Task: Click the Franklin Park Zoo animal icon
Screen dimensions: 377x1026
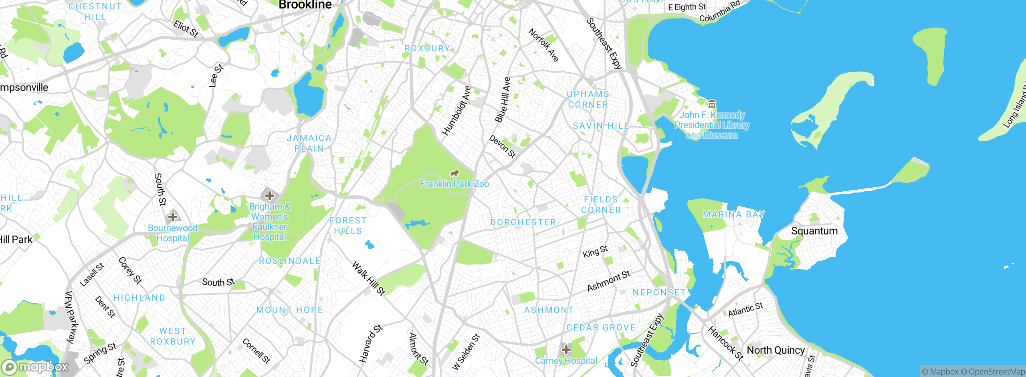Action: [454, 173]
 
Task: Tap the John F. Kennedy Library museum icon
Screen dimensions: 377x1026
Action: [712, 104]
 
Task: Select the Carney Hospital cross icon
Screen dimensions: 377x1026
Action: [566, 350]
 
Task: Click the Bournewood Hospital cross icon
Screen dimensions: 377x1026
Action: [173, 217]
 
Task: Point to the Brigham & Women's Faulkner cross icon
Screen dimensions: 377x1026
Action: [270, 196]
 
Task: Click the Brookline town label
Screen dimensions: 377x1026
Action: [305, 5]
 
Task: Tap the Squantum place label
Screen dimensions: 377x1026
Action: [814, 231]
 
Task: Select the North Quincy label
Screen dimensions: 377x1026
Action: [776, 350]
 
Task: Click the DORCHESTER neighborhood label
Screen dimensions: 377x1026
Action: [523, 222]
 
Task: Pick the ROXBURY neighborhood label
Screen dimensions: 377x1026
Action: [427, 49]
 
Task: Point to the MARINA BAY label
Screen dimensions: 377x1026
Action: [733, 215]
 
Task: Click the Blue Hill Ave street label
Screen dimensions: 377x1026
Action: [503, 100]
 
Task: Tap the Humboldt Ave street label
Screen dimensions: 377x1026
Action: [456, 111]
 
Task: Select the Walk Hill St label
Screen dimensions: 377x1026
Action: [368, 278]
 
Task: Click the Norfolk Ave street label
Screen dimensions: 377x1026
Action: [543, 45]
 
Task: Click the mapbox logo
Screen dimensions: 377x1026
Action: [35, 367]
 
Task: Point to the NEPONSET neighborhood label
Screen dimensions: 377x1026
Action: [659, 293]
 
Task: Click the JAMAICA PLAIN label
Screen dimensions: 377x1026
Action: [309, 143]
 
